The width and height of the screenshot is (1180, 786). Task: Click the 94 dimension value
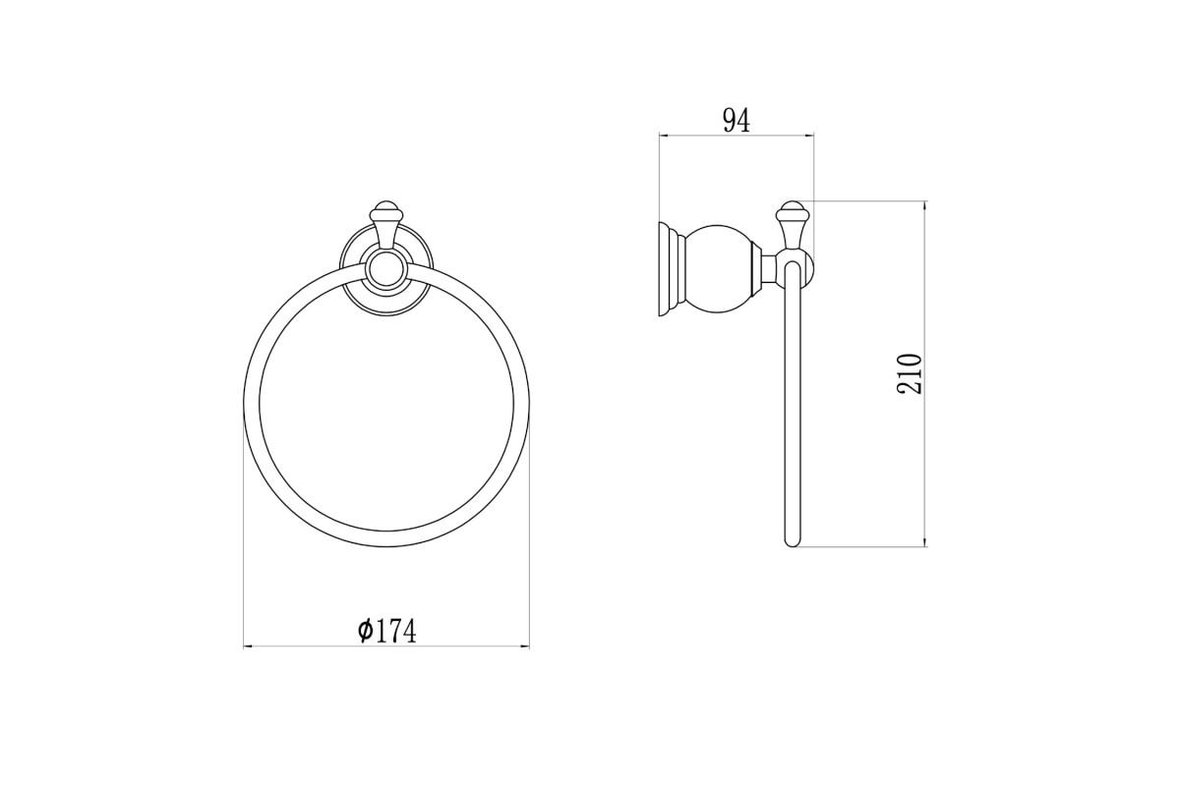click(x=737, y=121)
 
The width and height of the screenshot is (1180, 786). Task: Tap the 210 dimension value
click(x=910, y=373)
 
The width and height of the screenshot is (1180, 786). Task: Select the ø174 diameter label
click(x=386, y=631)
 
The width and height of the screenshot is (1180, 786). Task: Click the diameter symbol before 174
click(x=365, y=631)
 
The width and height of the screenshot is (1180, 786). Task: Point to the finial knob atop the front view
click(x=386, y=210)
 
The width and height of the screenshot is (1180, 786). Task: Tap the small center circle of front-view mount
click(x=386, y=270)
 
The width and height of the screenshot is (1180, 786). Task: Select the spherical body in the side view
click(x=720, y=270)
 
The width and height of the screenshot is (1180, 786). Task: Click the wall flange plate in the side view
click(x=668, y=270)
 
